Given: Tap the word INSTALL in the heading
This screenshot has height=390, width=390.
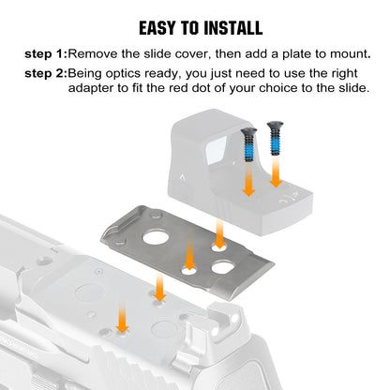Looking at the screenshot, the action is click(233, 28).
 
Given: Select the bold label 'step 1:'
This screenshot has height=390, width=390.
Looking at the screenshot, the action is click(46, 54).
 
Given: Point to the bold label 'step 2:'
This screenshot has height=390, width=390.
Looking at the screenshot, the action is click(46, 74).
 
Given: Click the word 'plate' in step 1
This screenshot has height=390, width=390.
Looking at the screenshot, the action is click(296, 54).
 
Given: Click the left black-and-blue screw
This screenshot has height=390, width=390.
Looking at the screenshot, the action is click(248, 144).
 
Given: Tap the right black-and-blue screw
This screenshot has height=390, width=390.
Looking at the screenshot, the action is click(275, 138).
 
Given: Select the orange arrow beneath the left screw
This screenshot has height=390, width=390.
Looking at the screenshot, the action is click(248, 180).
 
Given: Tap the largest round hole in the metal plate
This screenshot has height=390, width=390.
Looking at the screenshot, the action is click(156, 237).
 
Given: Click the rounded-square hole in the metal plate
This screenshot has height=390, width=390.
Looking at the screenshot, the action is click(223, 267).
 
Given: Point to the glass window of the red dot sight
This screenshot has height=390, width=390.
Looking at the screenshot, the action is click(216, 150).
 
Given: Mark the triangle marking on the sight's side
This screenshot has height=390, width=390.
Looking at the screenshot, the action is click(182, 178).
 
